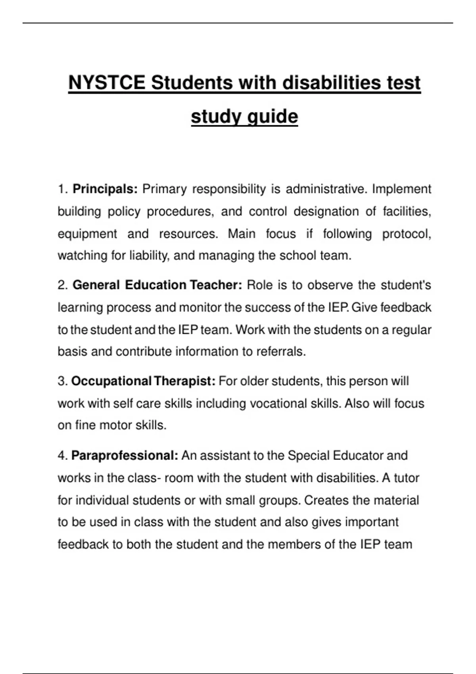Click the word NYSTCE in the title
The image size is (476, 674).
tap(106, 83)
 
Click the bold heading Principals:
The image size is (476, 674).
tap(105, 189)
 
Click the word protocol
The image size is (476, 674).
tap(406, 234)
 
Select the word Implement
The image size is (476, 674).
tap(401, 189)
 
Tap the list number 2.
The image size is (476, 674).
tap(63, 285)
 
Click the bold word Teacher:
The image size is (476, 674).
tap(216, 285)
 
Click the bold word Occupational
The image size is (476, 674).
tap(111, 381)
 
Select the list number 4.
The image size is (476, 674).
tap(63, 456)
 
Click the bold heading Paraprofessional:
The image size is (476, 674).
tap(125, 456)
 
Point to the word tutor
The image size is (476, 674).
tap(406, 478)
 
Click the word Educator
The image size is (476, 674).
tap(358, 456)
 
